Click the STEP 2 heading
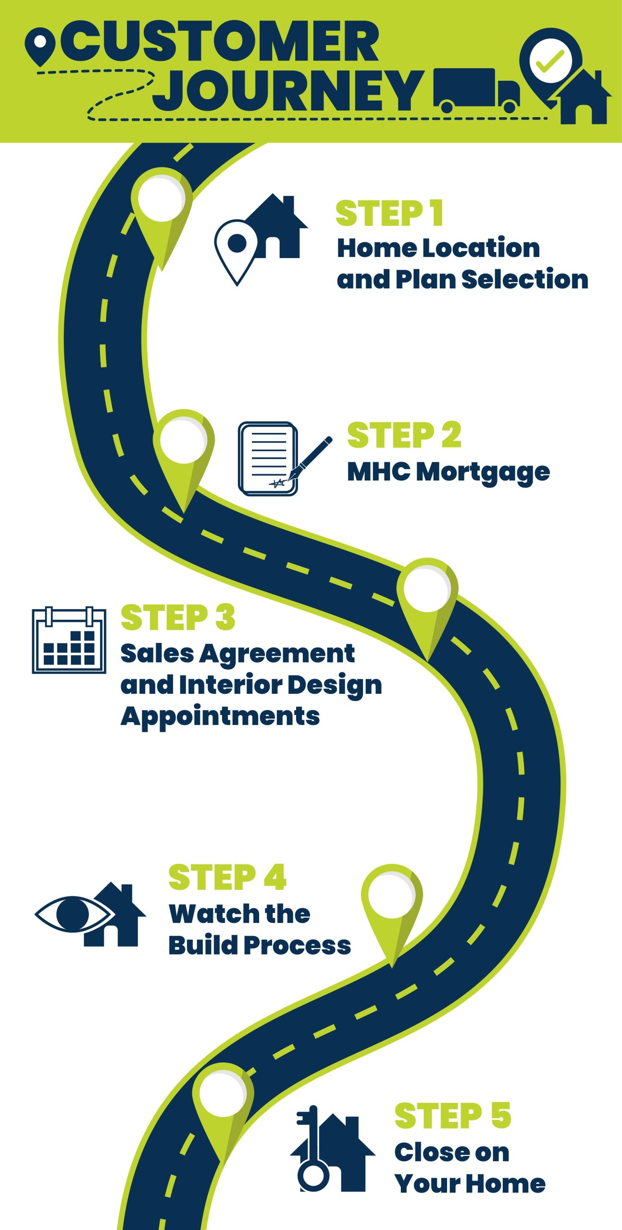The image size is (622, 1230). pos(404,435)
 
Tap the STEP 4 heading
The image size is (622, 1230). pos(227,877)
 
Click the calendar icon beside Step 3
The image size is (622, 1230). pos(69,640)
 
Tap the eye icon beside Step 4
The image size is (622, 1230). pos(75,913)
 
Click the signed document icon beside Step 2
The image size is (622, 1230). pos(268,459)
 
